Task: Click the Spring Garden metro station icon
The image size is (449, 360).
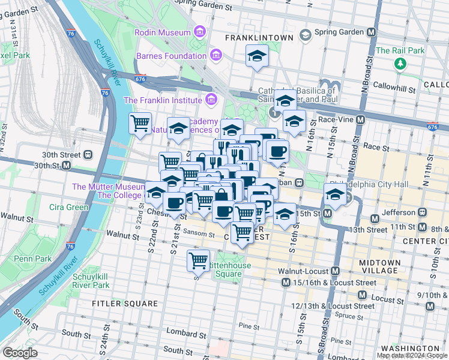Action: click(372, 32)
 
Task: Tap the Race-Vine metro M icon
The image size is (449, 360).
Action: click(360, 119)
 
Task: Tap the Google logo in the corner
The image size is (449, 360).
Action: click(20, 353)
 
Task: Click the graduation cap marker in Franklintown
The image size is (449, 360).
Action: click(258, 56)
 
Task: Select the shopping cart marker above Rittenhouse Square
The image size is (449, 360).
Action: click(198, 260)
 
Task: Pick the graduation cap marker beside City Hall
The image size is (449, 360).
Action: click(335, 195)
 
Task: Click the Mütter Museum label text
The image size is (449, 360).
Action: click(108, 187)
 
